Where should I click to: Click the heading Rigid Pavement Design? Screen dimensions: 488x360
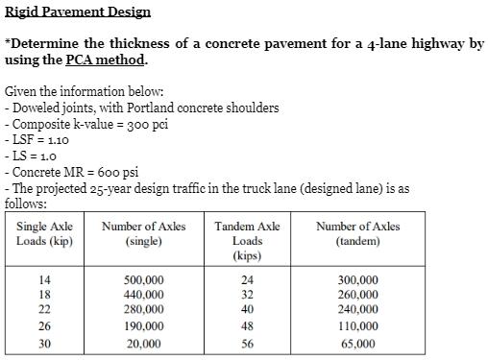[78, 12]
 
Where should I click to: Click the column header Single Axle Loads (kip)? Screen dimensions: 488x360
[44, 233]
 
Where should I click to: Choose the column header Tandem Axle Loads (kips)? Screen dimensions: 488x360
[248, 240]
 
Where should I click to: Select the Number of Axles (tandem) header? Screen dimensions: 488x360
[357, 233]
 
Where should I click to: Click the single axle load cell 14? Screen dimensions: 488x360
[44, 279]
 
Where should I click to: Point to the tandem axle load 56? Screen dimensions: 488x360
[248, 343]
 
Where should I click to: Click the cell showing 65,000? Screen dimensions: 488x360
[358, 343]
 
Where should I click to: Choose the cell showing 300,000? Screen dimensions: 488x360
[358, 279]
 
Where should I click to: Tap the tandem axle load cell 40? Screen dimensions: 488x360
[248, 310]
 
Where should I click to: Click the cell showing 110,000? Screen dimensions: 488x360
[358, 326]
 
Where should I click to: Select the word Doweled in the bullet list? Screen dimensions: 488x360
[38, 108]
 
